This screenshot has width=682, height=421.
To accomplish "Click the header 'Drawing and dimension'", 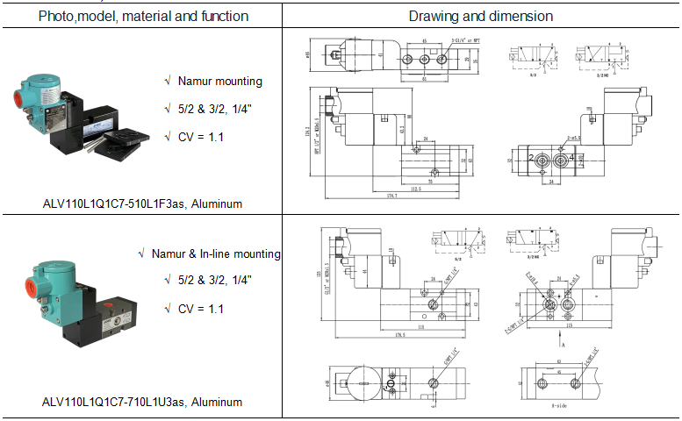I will pyautogui.click(x=481, y=16).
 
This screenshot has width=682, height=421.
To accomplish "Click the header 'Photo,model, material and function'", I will pyautogui.click(x=142, y=16).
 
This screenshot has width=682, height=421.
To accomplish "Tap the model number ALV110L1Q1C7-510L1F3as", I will pyautogui.click(x=142, y=203).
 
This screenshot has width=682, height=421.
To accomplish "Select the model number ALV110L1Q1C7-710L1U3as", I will pyautogui.click(x=142, y=403).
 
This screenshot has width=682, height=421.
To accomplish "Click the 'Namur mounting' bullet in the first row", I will pyautogui.click(x=219, y=81).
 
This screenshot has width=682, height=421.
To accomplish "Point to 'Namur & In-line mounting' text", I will pyautogui.click(x=216, y=253).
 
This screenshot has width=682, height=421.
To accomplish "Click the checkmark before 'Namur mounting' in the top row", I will pyautogui.click(x=168, y=81).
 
